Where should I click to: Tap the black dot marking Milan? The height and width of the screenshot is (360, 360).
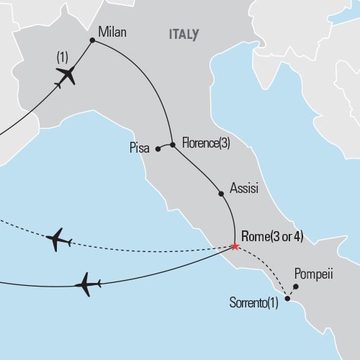(x=92, y=40)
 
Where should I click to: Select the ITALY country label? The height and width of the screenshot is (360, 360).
(x=184, y=34)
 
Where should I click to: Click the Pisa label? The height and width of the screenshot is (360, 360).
(x=140, y=149)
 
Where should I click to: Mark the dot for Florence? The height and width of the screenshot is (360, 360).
(x=173, y=143)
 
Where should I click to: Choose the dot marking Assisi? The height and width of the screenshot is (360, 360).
(x=220, y=194)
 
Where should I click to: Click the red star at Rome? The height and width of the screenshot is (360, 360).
(x=234, y=246)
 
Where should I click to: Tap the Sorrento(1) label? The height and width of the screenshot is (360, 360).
(x=253, y=303)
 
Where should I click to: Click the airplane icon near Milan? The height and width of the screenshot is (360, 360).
(x=65, y=75)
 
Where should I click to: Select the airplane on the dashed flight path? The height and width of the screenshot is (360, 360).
(x=58, y=240)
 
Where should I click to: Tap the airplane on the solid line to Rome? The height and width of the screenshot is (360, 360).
(x=86, y=284)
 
